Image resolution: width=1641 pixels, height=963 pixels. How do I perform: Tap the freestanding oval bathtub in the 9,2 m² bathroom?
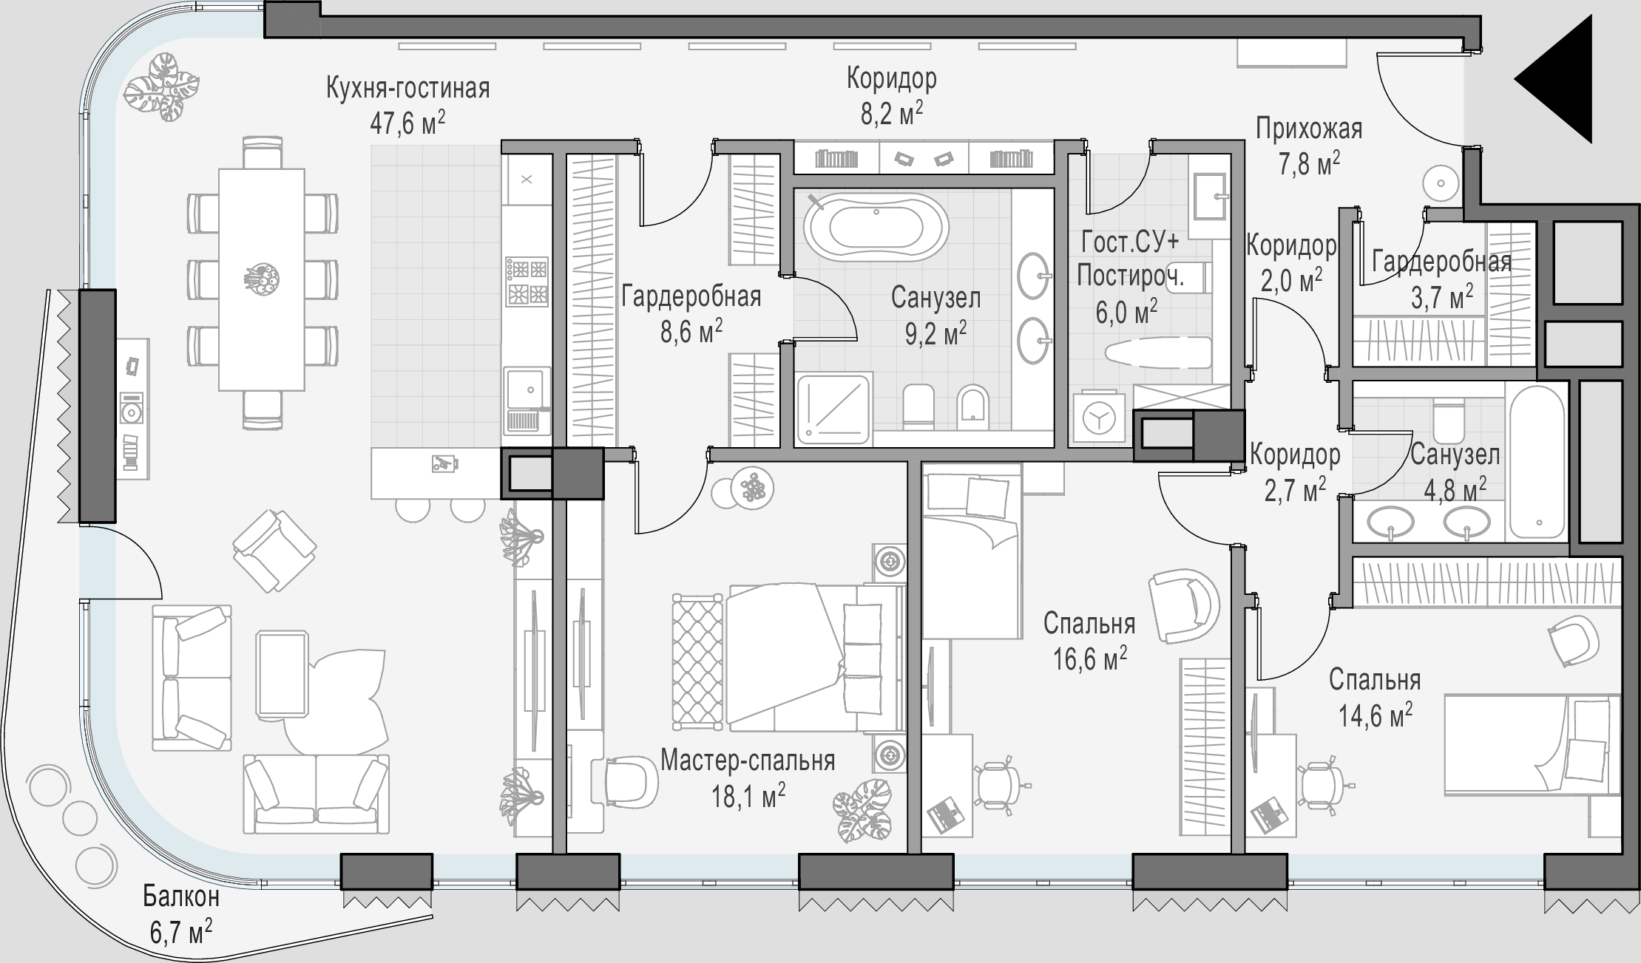876,228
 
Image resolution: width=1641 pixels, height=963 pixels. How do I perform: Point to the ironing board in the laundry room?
1157,353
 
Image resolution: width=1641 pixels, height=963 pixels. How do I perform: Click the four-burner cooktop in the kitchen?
527,281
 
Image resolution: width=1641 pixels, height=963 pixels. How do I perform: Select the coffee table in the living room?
282,674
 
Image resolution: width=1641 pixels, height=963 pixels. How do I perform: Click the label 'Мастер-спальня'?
748,760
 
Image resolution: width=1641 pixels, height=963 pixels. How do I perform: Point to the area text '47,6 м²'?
407,123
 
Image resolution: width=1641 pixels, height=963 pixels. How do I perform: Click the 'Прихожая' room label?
1309,129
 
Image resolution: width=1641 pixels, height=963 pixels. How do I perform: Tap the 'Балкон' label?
181,896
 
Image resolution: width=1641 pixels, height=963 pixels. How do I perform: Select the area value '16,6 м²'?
1090,657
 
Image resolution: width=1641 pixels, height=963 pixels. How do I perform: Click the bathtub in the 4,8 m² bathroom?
1537,462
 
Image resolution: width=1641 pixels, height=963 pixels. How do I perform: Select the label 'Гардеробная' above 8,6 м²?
691,296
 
